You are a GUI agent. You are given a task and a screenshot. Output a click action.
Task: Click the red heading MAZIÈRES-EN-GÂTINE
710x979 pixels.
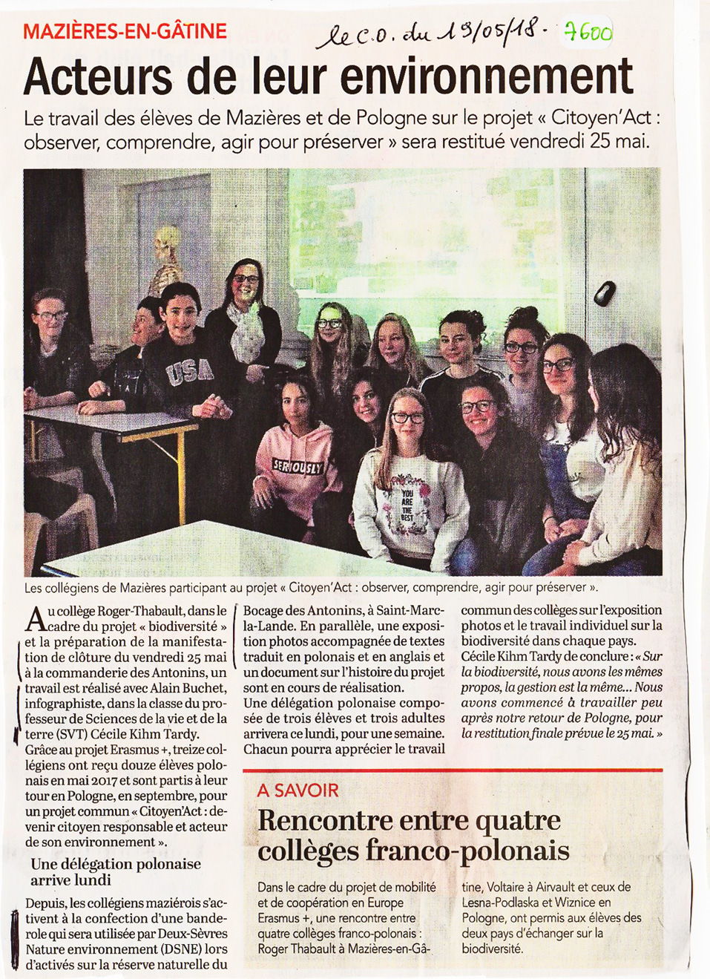click(x=125, y=31)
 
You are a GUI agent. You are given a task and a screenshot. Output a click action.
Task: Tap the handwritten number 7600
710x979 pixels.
click(x=588, y=32)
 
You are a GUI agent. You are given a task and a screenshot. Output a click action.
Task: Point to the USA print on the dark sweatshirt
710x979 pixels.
click(x=190, y=372)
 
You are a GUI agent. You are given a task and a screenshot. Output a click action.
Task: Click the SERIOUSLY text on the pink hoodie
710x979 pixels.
click(x=298, y=467)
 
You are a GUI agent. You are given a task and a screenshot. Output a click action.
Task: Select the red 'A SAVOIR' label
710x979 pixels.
click(x=298, y=790)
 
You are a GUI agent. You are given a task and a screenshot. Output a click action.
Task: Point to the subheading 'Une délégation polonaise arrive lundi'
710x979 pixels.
click(x=115, y=872)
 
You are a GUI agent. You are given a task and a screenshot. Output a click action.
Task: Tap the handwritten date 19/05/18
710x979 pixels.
click(x=490, y=33)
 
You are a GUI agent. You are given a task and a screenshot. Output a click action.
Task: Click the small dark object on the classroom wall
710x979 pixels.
click(x=605, y=292)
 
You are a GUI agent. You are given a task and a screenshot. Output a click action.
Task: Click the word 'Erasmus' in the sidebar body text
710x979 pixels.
click(x=278, y=918)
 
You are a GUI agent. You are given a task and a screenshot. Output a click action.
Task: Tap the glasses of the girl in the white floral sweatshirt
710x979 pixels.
click(x=407, y=418)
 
